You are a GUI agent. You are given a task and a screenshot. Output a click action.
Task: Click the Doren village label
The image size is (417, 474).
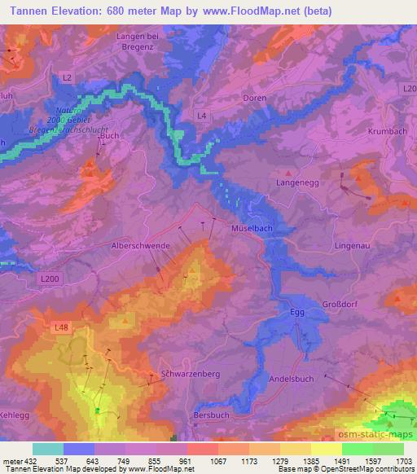click(x=255, y=98)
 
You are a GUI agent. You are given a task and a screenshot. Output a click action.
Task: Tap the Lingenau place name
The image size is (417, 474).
click(x=352, y=244)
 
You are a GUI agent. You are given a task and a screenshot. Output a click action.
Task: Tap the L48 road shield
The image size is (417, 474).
click(x=61, y=327)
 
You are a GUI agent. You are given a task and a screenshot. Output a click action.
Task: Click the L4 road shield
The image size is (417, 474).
click(x=201, y=116)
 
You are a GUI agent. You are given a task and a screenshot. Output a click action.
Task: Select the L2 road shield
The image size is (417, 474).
click(x=67, y=77)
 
